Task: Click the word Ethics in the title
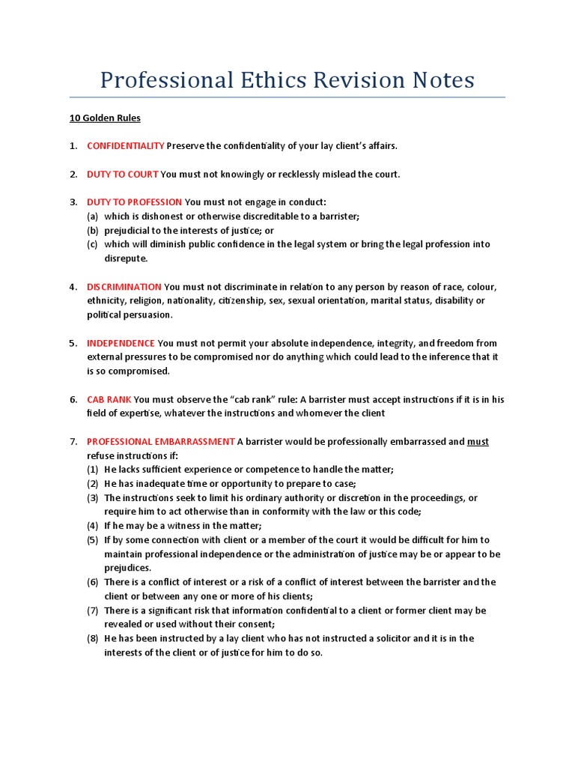264,80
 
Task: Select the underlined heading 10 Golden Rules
94,118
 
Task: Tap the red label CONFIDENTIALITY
125,145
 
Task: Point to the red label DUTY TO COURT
122,174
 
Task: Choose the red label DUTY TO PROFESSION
134,202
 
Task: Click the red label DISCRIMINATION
124,287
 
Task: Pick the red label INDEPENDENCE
121,343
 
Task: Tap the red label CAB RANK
109,399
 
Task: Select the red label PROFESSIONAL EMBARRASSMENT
160,442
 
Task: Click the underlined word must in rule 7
478,442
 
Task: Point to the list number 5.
73,343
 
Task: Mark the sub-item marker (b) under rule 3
93,231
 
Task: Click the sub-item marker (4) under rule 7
93,526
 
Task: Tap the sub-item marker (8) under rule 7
93,639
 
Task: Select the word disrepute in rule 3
126,258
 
